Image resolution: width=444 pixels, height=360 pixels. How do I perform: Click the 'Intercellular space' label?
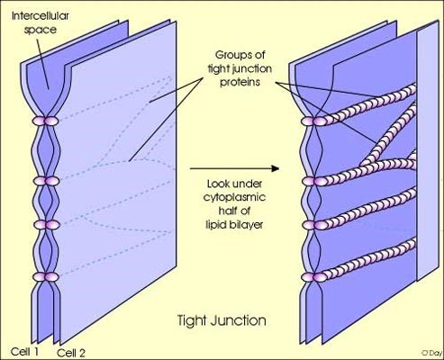(x=41, y=22)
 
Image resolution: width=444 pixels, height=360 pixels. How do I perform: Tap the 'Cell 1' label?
(x=24, y=351)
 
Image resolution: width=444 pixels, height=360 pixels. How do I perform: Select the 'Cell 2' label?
(x=71, y=353)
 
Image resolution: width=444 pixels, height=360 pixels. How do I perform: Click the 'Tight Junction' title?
(x=222, y=320)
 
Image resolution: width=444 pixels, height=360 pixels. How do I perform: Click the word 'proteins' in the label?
(x=240, y=82)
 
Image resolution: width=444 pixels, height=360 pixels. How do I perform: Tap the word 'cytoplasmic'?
(x=234, y=197)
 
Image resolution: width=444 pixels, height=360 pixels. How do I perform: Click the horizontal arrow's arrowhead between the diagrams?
(x=275, y=168)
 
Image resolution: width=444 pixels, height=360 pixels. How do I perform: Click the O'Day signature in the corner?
(x=431, y=352)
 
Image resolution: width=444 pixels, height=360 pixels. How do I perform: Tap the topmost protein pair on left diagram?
(x=45, y=121)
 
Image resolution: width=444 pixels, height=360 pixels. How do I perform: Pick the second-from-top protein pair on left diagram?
(x=46, y=181)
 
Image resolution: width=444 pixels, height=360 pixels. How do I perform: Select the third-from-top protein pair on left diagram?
(x=46, y=225)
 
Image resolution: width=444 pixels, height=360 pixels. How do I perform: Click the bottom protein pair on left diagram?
(x=46, y=276)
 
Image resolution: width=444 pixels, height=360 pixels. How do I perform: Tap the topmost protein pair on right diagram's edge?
(x=313, y=121)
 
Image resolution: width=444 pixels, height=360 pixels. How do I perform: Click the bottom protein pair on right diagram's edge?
(x=313, y=277)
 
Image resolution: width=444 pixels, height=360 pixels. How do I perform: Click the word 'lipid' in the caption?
(x=213, y=224)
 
